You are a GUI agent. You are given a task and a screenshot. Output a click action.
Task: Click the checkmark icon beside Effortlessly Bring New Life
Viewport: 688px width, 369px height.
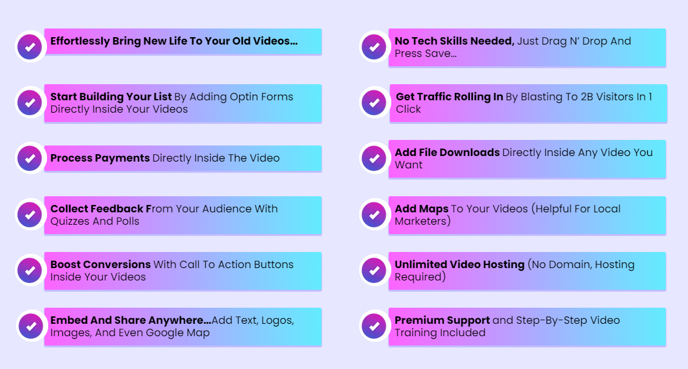click(x=30, y=46)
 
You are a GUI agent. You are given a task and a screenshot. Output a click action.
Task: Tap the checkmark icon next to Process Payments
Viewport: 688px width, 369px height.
click(x=30, y=158)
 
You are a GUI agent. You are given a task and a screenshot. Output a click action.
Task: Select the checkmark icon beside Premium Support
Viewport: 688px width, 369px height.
click(x=374, y=326)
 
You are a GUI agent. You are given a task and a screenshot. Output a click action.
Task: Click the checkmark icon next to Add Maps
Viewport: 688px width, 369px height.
click(x=374, y=214)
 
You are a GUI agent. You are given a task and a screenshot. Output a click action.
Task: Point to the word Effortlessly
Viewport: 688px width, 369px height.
click(x=80, y=41)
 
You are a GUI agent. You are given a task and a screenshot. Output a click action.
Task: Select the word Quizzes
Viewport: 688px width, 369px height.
click(x=70, y=221)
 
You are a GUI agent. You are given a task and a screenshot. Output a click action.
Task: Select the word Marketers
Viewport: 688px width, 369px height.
click(x=420, y=221)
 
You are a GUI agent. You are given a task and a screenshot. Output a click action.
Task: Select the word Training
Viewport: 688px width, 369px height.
click(x=417, y=333)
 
